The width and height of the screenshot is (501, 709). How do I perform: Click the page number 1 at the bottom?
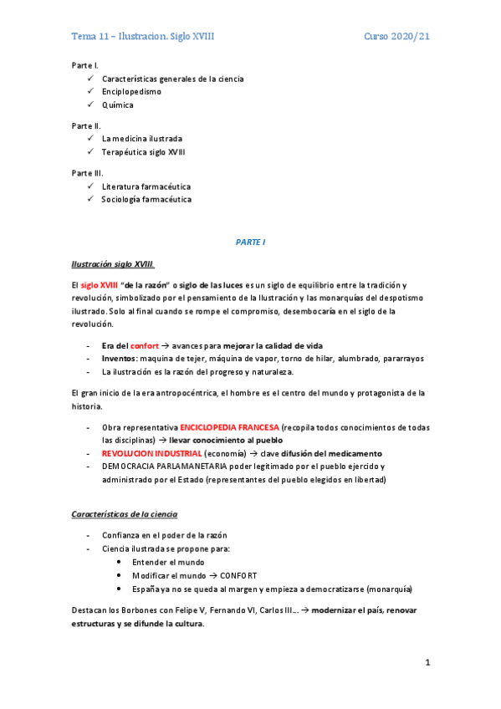pyautogui.click(x=427, y=663)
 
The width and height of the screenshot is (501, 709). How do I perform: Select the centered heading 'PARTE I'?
pyautogui.click(x=250, y=242)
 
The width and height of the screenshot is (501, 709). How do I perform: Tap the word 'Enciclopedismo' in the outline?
pyautogui.click(x=132, y=92)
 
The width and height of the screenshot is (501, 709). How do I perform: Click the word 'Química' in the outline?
pyautogui.click(x=118, y=105)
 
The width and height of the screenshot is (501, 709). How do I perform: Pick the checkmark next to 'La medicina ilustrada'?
pyautogui.click(x=90, y=139)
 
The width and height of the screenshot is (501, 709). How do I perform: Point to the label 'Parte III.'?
pyautogui.click(x=87, y=173)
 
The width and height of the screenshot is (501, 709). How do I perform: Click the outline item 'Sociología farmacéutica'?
pyautogui.click(x=146, y=200)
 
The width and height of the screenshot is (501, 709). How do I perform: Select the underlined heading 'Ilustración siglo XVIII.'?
pyautogui.click(x=112, y=264)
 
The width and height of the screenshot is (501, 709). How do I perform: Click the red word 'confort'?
pyautogui.click(x=145, y=345)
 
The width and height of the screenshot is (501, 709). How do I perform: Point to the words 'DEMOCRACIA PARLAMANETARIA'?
pyautogui.click(x=161, y=467)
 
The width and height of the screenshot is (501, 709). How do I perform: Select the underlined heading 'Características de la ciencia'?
pyautogui.click(x=124, y=513)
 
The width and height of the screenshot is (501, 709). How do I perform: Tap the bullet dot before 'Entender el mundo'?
pyautogui.click(x=121, y=563)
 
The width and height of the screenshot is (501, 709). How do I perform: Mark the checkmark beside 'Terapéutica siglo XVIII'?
pyautogui.click(x=90, y=152)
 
